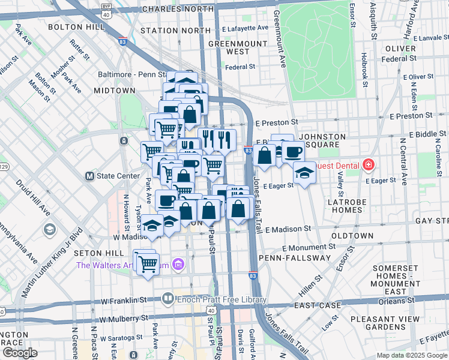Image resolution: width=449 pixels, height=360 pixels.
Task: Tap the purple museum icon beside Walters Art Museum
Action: coord(177,264)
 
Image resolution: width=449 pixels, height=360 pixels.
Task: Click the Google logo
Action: coord(20,352)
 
